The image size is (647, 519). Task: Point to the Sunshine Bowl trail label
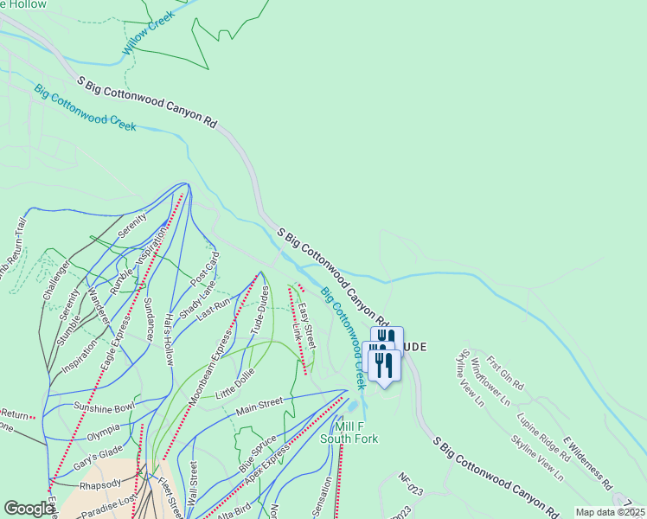pyautogui.click(x=105, y=407)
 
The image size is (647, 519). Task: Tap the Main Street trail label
pyautogui.click(x=259, y=404)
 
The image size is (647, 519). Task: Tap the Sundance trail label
pyautogui.click(x=149, y=317)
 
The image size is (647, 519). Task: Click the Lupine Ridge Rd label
pyautogui.click(x=542, y=434)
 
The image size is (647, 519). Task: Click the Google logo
pyautogui.click(x=29, y=509)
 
